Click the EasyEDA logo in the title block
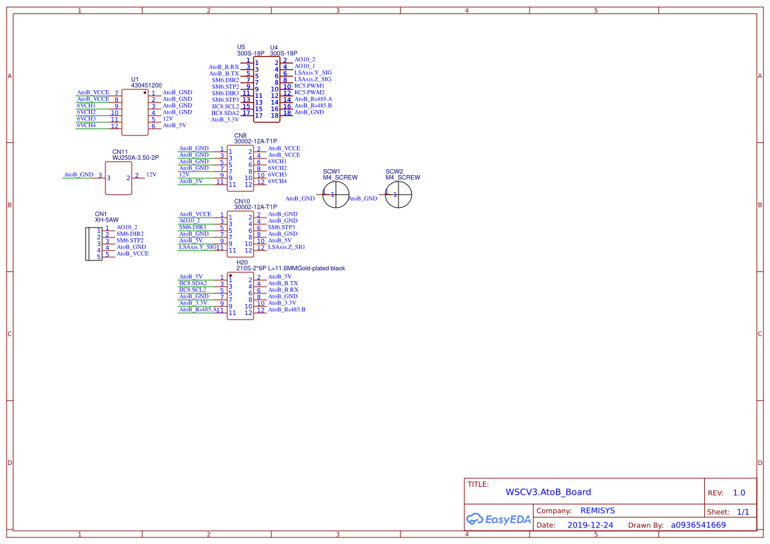[x=498, y=519]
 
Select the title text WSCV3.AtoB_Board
[x=548, y=492]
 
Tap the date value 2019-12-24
[x=590, y=525]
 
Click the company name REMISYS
[x=597, y=510]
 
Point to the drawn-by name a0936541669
[x=698, y=525]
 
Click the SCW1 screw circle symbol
[x=336, y=195]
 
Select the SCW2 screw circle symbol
[x=399, y=195]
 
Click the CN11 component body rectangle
[x=119, y=178]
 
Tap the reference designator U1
[x=134, y=80]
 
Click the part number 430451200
[x=146, y=86]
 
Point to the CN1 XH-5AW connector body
[x=94, y=244]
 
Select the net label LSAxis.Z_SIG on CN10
[x=287, y=247]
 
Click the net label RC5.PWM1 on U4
[x=310, y=86]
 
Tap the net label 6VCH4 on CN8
[x=277, y=182]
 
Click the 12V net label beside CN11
[x=151, y=174]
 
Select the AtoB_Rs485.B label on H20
[x=287, y=310]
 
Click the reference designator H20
[x=242, y=262]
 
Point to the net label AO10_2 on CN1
[x=126, y=228]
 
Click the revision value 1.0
[x=738, y=493]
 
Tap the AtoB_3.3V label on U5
[x=225, y=120]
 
